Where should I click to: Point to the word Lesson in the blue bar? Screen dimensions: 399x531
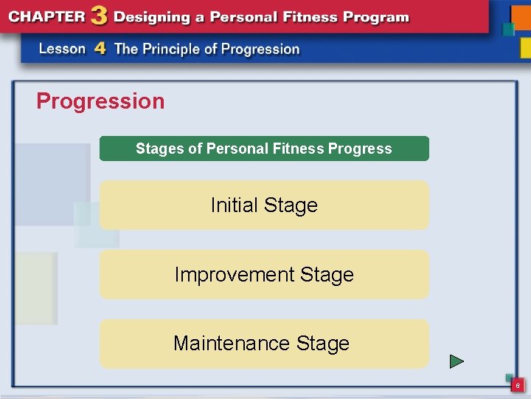(62, 49)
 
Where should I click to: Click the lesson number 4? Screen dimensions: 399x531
(100, 49)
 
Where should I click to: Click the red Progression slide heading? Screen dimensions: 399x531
(100, 101)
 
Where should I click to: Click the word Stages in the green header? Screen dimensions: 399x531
(159, 149)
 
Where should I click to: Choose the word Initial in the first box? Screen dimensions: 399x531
(235, 205)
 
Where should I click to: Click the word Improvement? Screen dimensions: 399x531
(224, 274)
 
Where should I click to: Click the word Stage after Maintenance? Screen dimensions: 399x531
(322, 344)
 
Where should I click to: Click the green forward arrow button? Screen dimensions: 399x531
(457, 361)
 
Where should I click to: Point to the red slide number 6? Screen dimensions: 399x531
(518, 386)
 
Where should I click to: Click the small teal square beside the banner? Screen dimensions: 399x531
(508, 30)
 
